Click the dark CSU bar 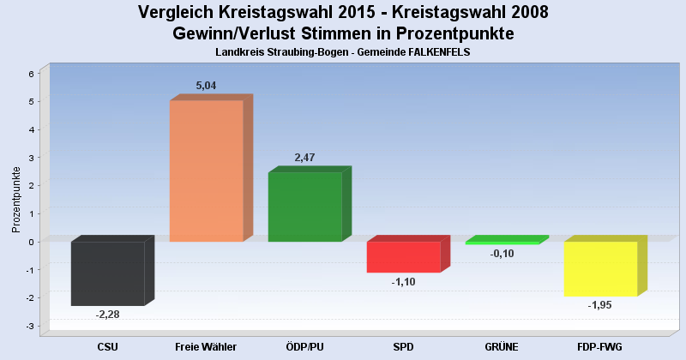point(107,273)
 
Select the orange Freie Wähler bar point(206,171)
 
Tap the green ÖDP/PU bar point(304,207)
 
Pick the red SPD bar point(403,257)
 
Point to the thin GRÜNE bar point(502,243)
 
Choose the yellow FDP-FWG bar point(600,268)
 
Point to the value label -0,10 point(502,254)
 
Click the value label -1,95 point(600,305)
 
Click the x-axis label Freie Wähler point(206,346)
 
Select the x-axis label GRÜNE point(502,346)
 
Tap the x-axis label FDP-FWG point(600,346)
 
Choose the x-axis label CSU point(107,346)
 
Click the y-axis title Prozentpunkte point(15,200)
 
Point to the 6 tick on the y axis point(31,74)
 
